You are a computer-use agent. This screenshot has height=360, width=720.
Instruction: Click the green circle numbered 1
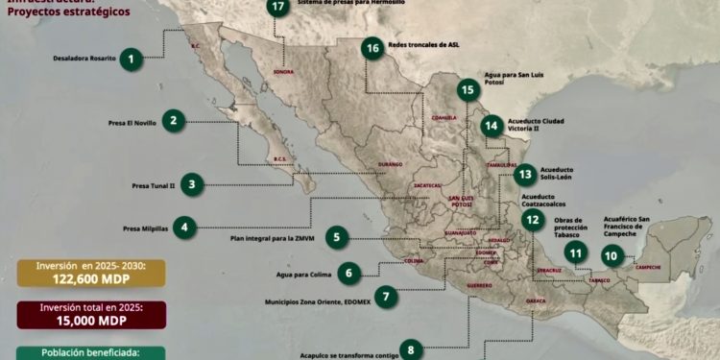[x=131, y=58]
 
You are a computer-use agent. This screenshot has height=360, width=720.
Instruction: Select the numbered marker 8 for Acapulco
[x=410, y=349]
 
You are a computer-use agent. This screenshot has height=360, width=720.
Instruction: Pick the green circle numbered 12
[x=533, y=219]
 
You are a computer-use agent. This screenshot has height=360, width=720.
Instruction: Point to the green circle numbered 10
[x=612, y=254]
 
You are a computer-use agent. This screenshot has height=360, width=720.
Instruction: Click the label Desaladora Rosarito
[x=84, y=58]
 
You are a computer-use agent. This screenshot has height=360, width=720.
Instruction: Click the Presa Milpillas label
[x=144, y=228]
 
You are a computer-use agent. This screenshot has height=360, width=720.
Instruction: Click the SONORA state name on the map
[x=283, y=72]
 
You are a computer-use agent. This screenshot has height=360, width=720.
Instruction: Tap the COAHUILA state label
[x=443, y=118]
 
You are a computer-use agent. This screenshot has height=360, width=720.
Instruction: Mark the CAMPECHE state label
[x=648, y=267]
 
